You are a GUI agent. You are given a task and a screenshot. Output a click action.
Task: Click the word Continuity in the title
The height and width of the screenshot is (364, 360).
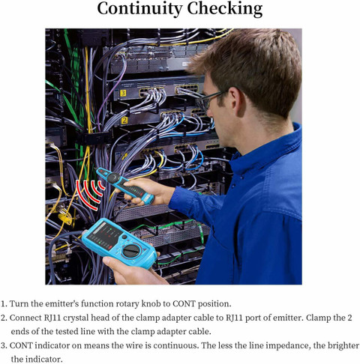(x=139, y=9)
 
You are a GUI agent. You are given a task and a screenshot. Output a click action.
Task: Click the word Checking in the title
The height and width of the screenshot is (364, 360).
(x=225, y=9)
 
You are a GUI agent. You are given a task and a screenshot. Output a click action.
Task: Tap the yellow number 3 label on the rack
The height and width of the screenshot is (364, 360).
(x=123, y=93)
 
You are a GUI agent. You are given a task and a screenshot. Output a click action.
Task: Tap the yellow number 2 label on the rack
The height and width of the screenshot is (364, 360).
(x=124, y=121)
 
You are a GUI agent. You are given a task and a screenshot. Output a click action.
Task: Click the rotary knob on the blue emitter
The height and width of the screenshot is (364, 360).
(x=131, y=251)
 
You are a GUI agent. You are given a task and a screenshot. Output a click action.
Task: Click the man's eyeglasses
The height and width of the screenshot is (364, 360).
(x=211, y=100)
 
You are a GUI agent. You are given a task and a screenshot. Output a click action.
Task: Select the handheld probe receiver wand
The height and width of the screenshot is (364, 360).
(x=125, y=185)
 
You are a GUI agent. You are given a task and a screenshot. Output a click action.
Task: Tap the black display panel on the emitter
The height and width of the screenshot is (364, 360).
(x=105, y=235)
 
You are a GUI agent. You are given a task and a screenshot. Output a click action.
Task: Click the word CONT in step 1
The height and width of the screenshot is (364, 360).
(x=184, y=304)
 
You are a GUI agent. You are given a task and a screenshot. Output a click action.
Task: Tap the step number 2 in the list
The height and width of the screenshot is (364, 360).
(x=3, y=318)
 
